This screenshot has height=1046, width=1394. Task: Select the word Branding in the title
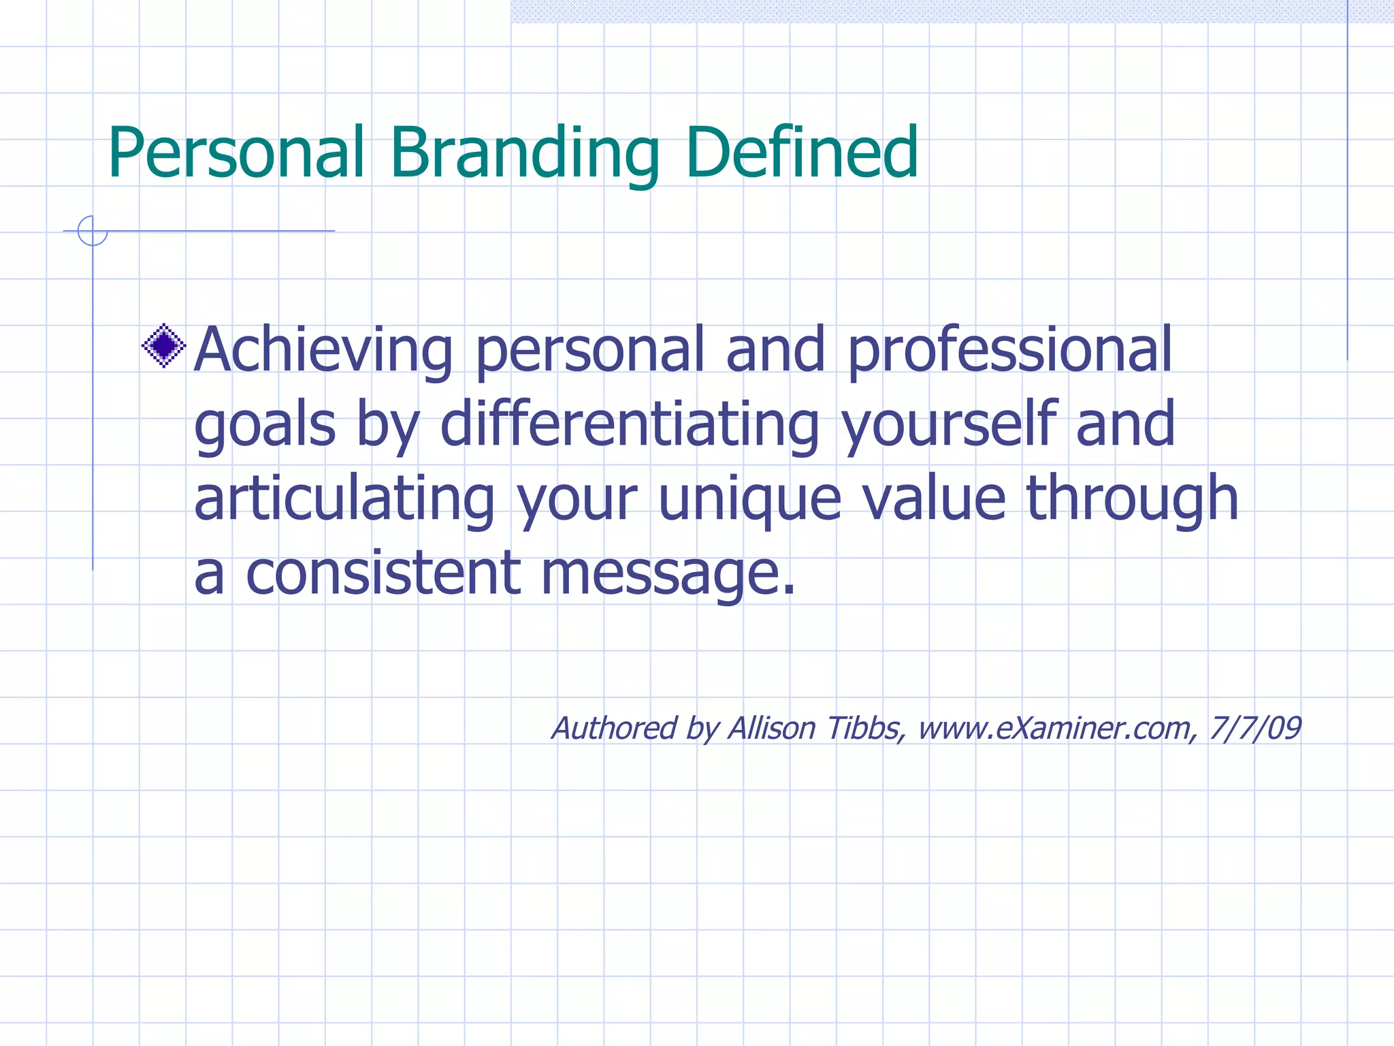point(524,154)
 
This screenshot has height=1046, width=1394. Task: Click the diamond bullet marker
point(164,346)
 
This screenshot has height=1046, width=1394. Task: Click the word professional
point(1009,351)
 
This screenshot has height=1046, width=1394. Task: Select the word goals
point(265,426)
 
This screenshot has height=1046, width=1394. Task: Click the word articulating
point(344,499)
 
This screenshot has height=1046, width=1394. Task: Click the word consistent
point(383,573)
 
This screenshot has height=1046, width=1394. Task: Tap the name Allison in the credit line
point(772,728)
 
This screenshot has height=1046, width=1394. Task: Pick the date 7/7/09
point(1255,728)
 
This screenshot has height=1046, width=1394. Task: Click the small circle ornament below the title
point(93,231)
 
